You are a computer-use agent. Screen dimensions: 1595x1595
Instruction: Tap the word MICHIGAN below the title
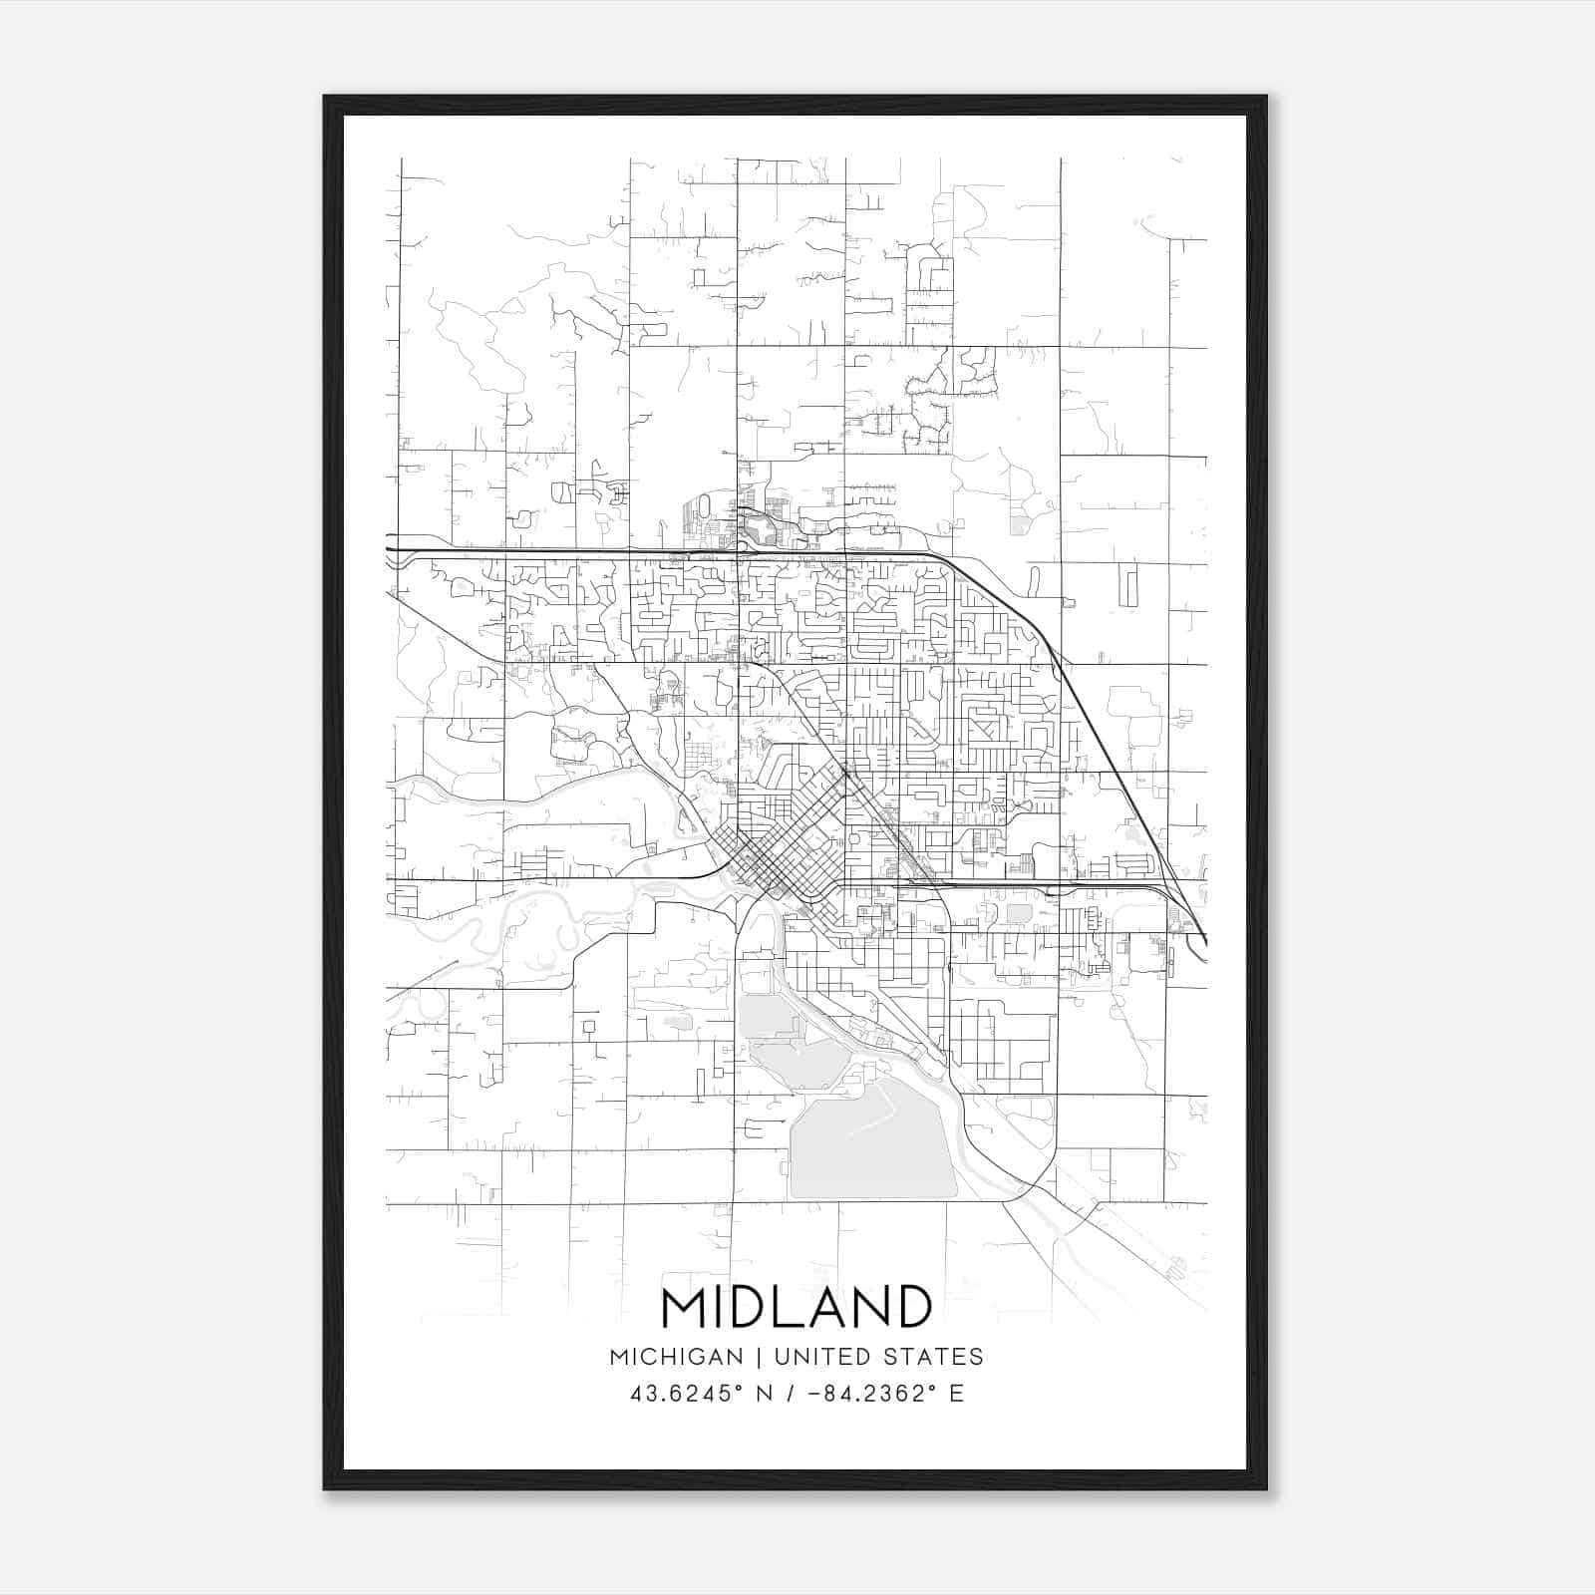click(677, 1357)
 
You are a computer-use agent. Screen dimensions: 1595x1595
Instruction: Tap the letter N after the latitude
click(767, 1394)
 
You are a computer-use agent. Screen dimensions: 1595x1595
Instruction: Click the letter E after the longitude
click(956, 1394)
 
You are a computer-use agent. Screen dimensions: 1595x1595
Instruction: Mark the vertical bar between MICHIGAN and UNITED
click(759, 1357)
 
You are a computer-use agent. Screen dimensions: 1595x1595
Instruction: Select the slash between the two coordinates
click(792, 1394)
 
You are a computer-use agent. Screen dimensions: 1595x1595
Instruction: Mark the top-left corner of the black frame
click(325, 97)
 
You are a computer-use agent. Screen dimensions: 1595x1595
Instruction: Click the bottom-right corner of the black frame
click(1266, 1489)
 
